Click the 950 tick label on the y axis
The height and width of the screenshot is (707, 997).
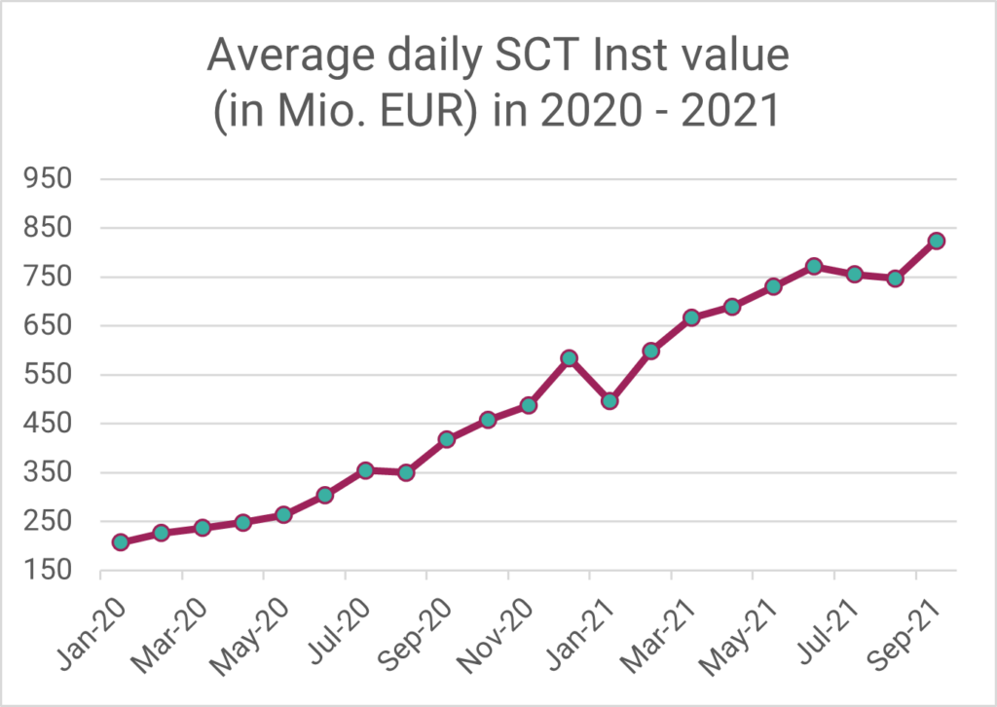[51, 179]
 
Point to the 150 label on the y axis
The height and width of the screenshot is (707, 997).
[51, 571]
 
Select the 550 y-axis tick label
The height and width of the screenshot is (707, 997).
[51, 375]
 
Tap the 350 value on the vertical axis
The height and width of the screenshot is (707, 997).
[51, 473]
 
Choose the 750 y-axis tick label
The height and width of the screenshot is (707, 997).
[51, 278]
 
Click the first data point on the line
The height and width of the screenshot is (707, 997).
[121, 542]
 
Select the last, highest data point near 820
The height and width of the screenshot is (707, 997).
[936, 241]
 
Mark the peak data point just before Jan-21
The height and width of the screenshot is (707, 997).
[570, 358]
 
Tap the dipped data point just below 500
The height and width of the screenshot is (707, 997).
[610, 400]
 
